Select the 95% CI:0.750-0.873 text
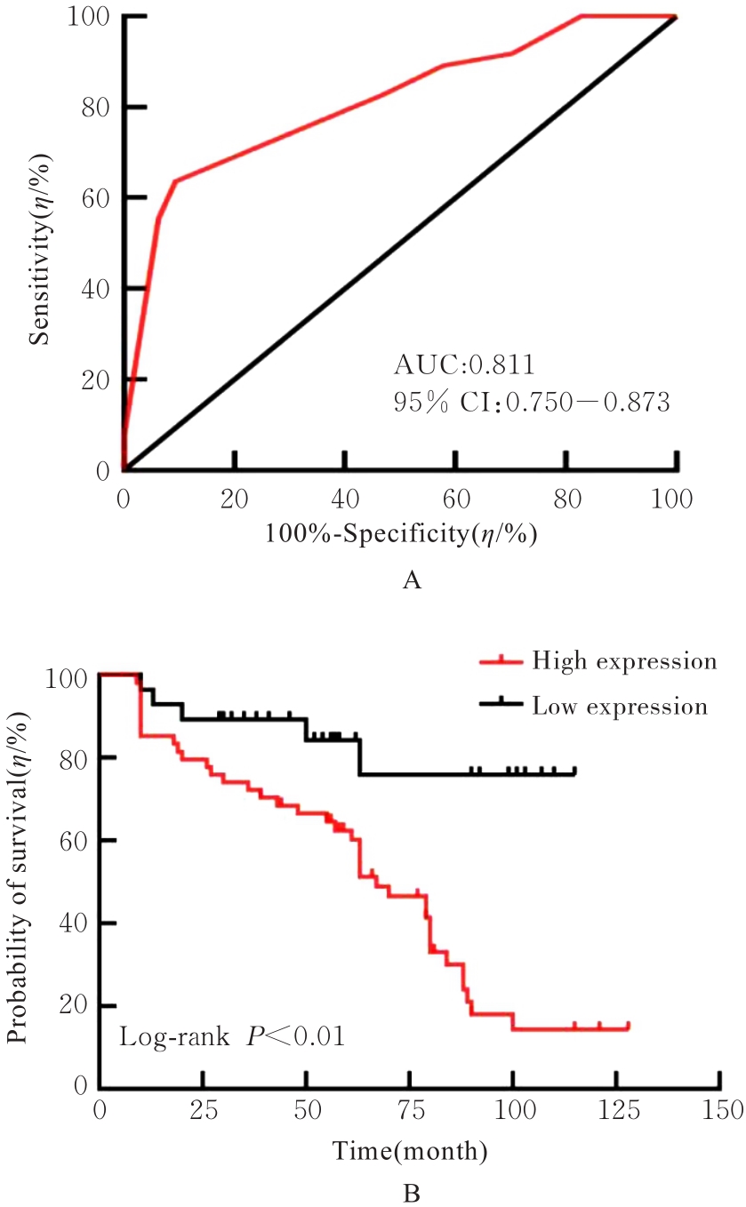(531, 403)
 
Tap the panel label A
(411, 581)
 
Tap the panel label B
(411, 1187)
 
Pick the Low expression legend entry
(620, 707)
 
